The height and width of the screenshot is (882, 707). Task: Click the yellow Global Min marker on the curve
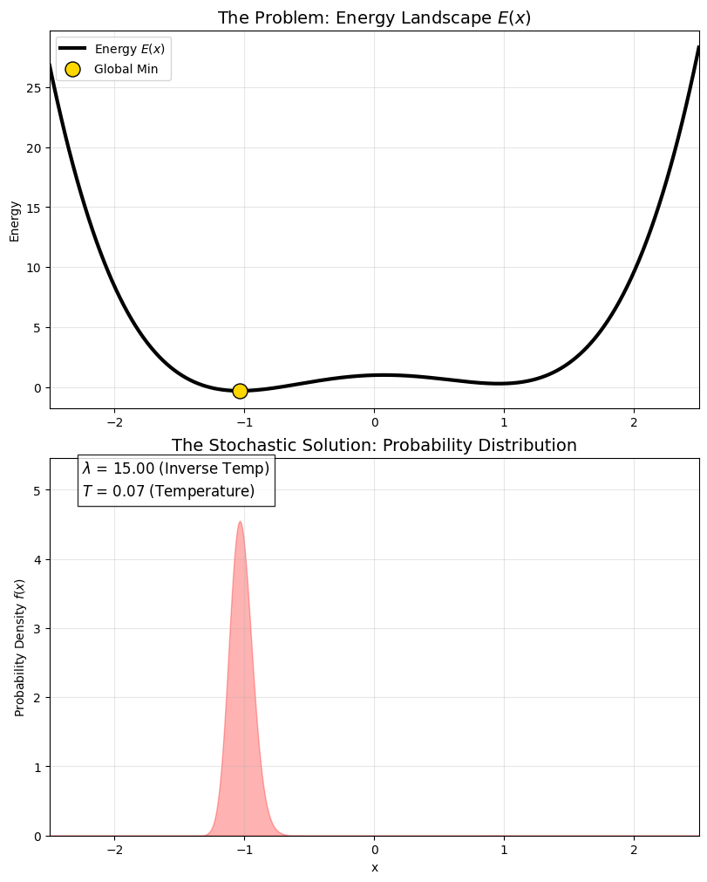[240, 391]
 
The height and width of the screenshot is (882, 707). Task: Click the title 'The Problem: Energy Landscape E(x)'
[374, 18]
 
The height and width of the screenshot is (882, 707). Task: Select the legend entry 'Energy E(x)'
[129, 48]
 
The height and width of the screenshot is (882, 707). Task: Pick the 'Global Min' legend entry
[126, 69]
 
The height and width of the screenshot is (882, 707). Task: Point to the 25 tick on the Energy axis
[34, 88]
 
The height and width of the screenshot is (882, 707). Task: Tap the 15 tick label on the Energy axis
[34, 208]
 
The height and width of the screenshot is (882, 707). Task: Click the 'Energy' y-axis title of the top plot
[15, 221]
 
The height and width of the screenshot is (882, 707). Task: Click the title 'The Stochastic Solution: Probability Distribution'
[374, 446]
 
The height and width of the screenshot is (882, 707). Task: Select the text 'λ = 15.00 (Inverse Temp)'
[176, 468]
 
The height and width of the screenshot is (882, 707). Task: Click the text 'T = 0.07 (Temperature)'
[168, 491]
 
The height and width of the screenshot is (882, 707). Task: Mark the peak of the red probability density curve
[240, 523]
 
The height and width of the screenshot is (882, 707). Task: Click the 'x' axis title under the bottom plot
[375, 867]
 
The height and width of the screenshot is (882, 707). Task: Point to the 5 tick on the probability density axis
[37, 490]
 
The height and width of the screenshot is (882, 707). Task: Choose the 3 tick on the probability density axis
[37, 628]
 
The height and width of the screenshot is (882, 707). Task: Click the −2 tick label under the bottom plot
[114, 850]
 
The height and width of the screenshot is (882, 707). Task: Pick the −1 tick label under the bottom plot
[244, 850]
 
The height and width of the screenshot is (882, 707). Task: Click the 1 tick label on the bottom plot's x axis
[504, 850]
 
